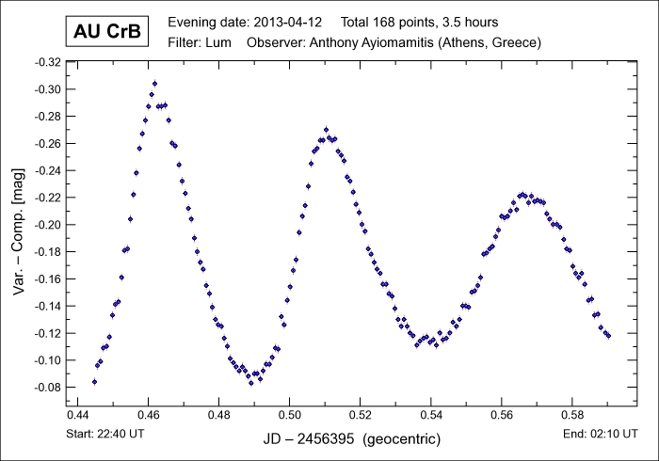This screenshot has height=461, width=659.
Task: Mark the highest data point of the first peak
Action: point(154,83)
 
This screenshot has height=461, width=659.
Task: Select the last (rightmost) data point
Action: point(608,335)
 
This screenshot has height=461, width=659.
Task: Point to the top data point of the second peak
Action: point(326,130)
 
